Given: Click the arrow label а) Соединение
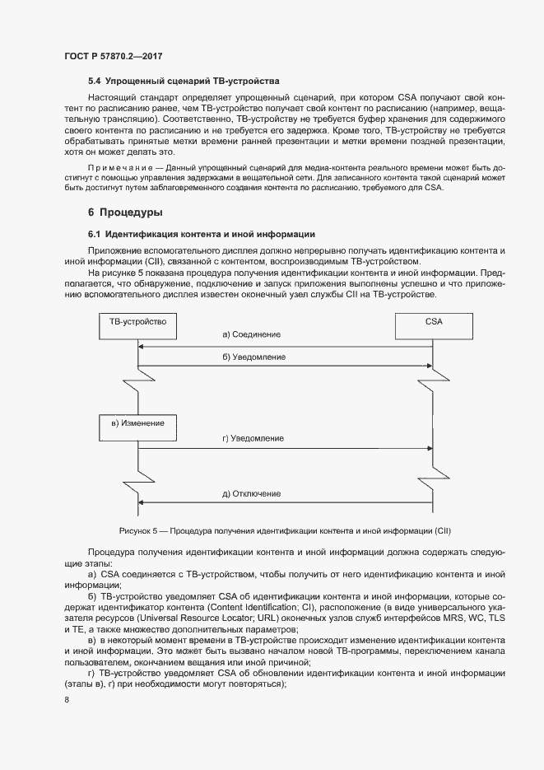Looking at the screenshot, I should pyautogui.click(x=251, y=334).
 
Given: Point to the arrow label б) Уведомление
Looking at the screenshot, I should pyautogui.click(x=253, y=357).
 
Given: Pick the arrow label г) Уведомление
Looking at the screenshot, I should pyautogui.click(x=253, y=439).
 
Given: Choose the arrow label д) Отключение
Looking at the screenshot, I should pyautogui.click(x=252, y=494).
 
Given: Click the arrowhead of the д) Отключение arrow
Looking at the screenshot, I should pyautogui.click(x=142, y=502).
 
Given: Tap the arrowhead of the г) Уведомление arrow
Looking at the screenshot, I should pyautogui.click(x=430, y=448).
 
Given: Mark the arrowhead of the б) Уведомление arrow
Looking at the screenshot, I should pyautogui.click(x=142, y=366).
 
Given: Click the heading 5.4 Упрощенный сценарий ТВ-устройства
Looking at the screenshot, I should pyautogui.click(x=184, y=82).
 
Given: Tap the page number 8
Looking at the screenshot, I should pyautogui.click(x=66, y=700).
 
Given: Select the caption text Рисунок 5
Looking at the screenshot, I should pyautogui.click(x=137, y=530).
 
